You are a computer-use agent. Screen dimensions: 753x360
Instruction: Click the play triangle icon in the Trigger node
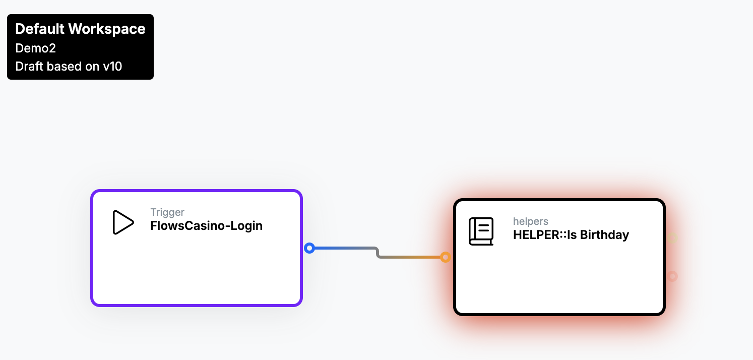click(123, 222)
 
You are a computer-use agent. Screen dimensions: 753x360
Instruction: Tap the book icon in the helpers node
click(481, 231)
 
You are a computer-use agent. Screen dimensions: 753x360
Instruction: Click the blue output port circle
click(309, 248)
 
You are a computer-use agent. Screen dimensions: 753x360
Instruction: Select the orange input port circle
click(446, 257)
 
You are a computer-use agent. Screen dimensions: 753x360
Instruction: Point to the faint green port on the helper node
click(672, 238)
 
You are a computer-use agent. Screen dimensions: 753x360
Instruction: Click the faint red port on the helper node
click(672, 276)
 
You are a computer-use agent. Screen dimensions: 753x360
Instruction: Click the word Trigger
click(167, 212)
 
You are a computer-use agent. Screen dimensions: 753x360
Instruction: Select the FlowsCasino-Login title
click(206, 225)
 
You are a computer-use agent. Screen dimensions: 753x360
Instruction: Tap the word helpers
click(530, 221)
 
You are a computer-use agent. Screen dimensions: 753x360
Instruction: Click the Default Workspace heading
click(80, 29)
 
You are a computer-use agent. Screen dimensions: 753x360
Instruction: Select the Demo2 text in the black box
click(35, 48)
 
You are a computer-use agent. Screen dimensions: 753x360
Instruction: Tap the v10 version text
click(112, 66)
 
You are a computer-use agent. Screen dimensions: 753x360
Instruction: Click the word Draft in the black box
click(30, 66)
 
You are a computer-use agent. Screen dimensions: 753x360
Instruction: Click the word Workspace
click(107, 29)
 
